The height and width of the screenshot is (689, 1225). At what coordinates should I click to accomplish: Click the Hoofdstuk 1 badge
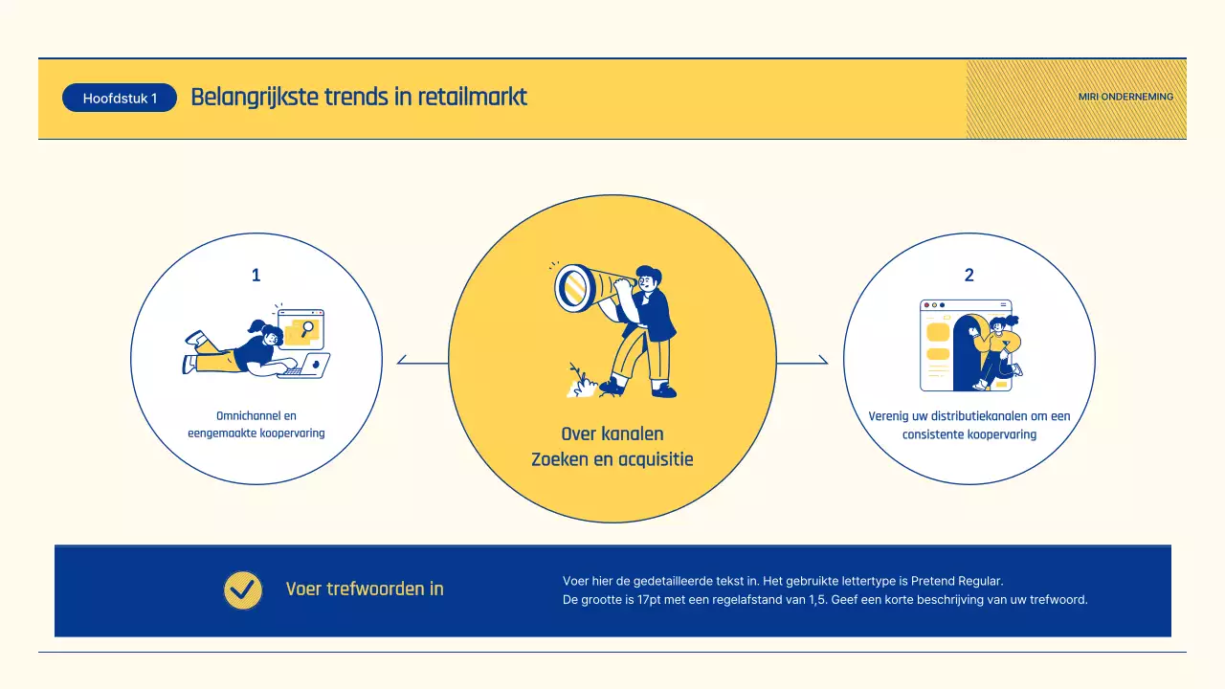[x=120, y=99]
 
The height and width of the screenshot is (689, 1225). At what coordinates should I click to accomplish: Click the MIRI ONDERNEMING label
[x=1125, y=97]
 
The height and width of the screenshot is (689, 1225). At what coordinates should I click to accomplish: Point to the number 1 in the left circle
[x=256, y=276]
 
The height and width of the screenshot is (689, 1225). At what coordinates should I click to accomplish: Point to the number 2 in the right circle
[x=969, y=276]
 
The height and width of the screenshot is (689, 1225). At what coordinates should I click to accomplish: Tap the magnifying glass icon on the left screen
[x=307, y=329]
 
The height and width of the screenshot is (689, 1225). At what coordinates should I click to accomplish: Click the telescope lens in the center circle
[x=574, y=287]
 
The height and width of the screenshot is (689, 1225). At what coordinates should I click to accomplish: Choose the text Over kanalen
[x=612, y=434]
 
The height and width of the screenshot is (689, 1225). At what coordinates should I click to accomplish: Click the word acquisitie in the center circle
[x=654, y=459]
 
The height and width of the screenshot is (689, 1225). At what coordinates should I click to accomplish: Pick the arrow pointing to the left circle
[x=402, y=361]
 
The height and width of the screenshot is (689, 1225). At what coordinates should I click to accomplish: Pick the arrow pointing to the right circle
[x=822, y=361]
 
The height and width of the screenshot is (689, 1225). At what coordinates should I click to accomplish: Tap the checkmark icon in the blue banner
[x=243, y=589]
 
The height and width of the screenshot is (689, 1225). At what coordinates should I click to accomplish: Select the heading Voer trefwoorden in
[x=365, y=589]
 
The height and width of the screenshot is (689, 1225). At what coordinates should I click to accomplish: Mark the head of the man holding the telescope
[x=648, y=279]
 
